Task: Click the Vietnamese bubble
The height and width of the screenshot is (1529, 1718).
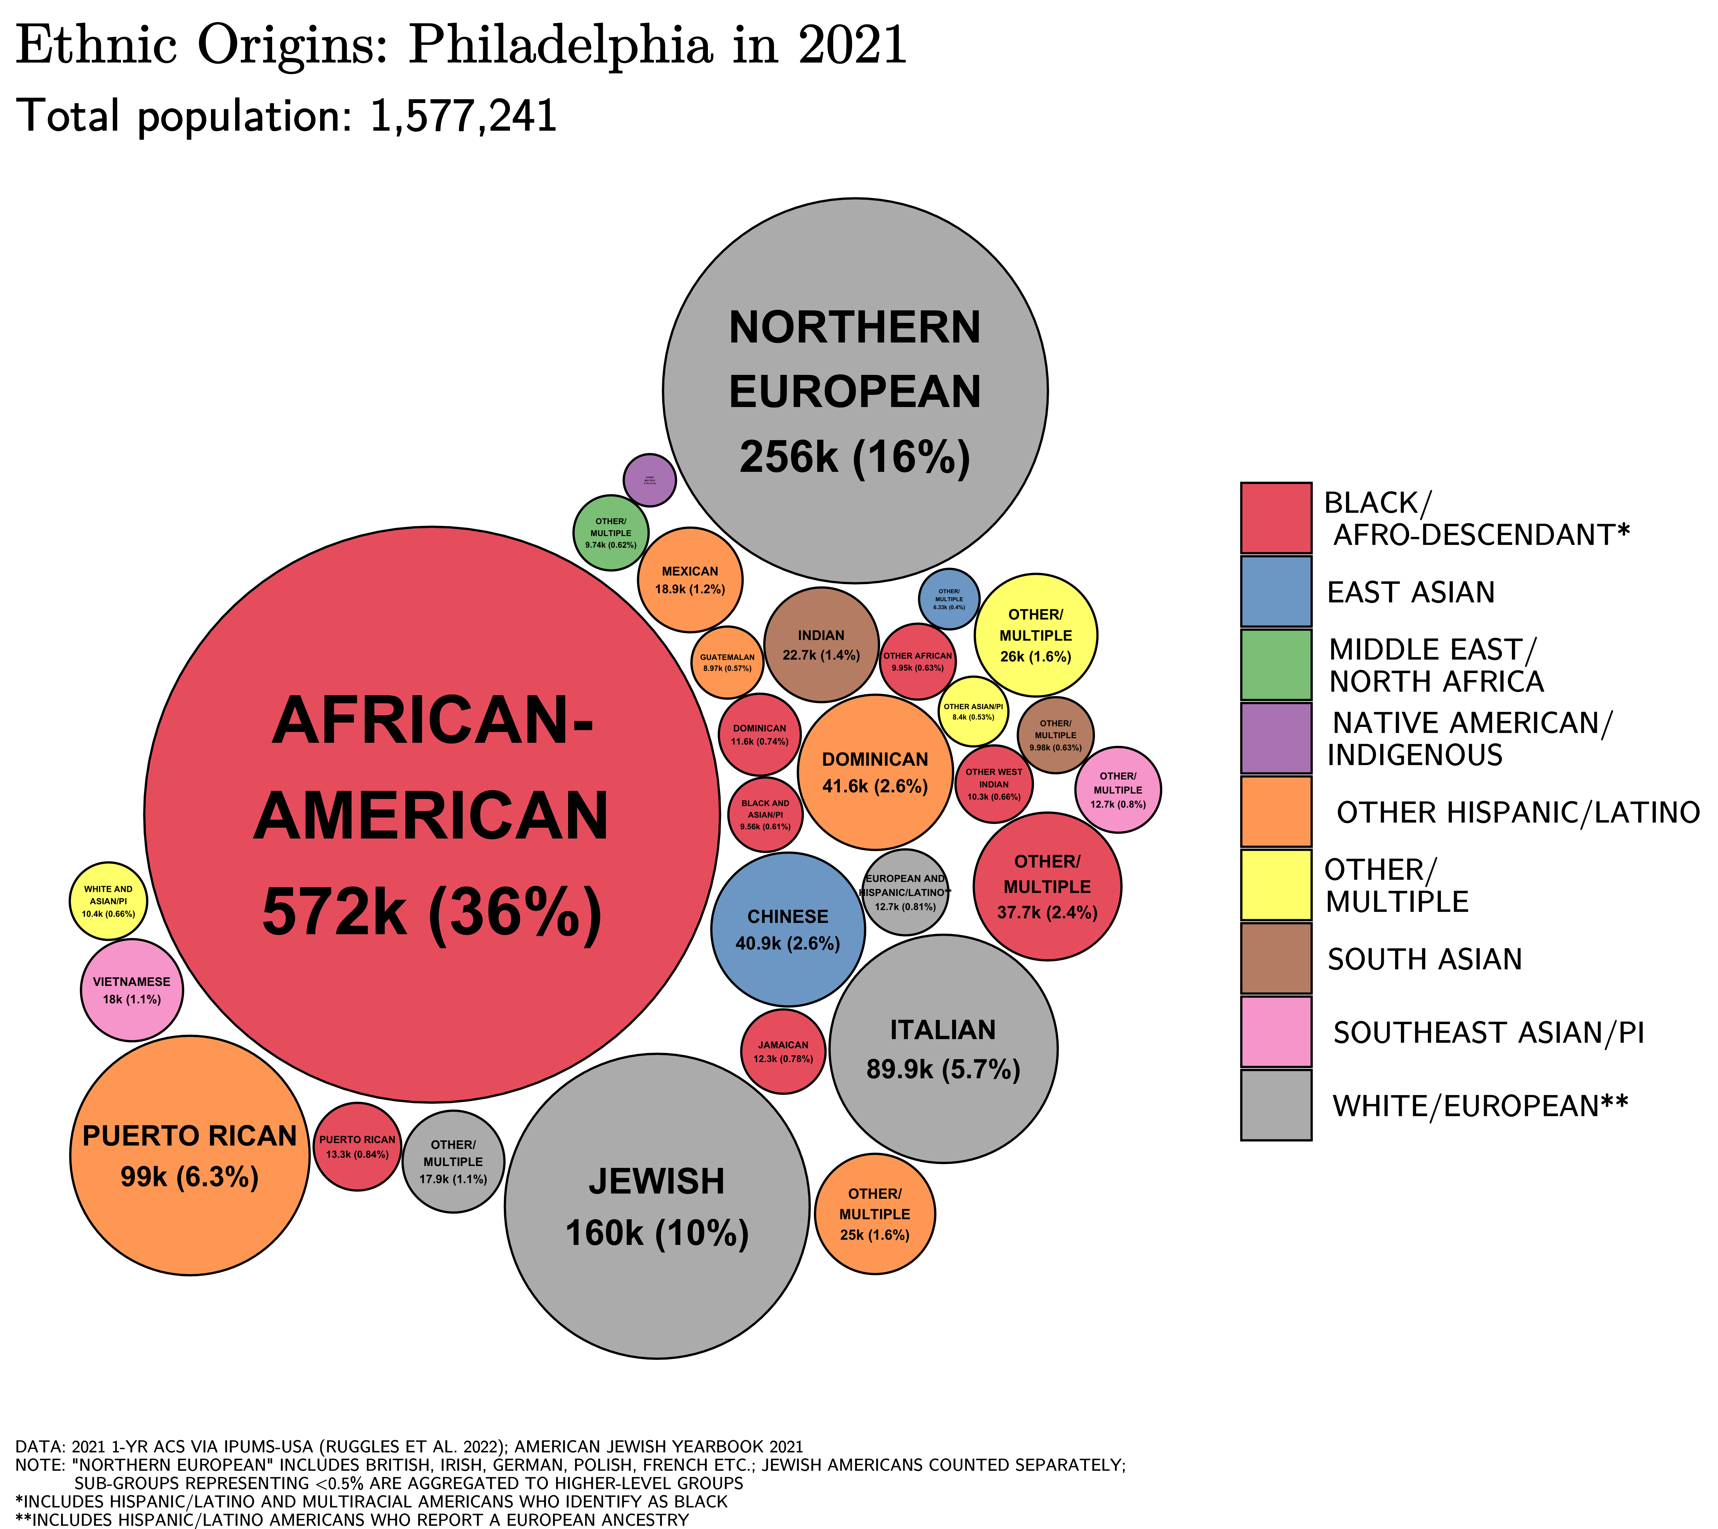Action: point(132,990)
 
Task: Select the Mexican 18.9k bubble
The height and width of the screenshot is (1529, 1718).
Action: point(690,580)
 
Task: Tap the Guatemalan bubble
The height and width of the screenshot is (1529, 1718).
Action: point(727,662)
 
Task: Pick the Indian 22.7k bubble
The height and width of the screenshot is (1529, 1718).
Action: point(821,645)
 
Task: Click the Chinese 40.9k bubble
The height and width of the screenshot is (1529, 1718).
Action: point(788,930)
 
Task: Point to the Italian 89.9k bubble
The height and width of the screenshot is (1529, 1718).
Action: point(943,1049)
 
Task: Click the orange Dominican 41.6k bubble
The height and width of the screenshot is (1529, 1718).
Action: point(875,772)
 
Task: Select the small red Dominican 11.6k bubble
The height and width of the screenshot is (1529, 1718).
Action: point(759,735)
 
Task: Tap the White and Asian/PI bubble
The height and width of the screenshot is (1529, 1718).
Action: point(109,901)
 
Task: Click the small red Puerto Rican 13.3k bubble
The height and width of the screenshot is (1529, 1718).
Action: point(357,1146)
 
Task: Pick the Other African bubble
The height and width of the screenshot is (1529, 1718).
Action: point(917,661)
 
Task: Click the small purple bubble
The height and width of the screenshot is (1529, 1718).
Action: point(650,480)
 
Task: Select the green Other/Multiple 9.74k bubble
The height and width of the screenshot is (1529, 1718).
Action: point(611,533)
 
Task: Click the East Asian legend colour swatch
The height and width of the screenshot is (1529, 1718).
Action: point(1275,592)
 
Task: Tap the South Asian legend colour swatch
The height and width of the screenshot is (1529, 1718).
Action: point(1275,958)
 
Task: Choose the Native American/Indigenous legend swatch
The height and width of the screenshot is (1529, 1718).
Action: point(1275,738)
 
